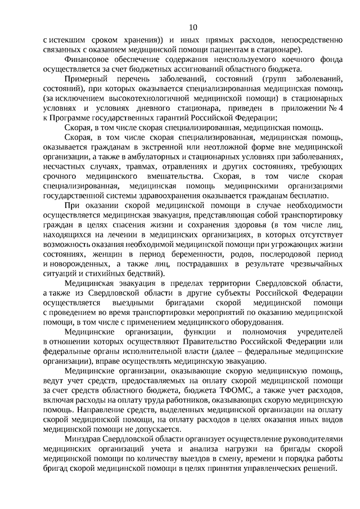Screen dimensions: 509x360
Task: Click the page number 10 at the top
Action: coord(193,27)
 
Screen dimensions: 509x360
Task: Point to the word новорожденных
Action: coord(77,260)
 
